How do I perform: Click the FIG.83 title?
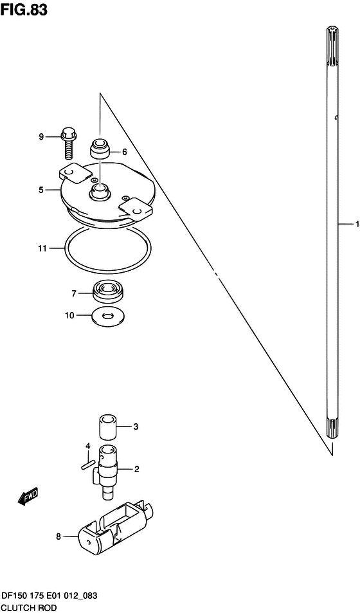point(24,10)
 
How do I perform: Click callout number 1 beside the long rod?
point(357,225)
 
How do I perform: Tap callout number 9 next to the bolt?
point(41,136)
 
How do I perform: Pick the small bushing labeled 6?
point(100,148)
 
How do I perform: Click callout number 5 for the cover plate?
point(40,190)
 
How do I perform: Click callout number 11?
point(42,248)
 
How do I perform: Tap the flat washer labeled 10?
point(108,316)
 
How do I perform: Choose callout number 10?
point(69,315)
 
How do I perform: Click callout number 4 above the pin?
point(88,446)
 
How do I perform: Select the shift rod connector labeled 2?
point(106,473)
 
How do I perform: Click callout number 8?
point(59,537)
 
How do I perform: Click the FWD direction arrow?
point(28,496)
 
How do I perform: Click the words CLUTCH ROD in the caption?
point(29,608)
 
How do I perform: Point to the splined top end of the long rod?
point(332,46)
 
